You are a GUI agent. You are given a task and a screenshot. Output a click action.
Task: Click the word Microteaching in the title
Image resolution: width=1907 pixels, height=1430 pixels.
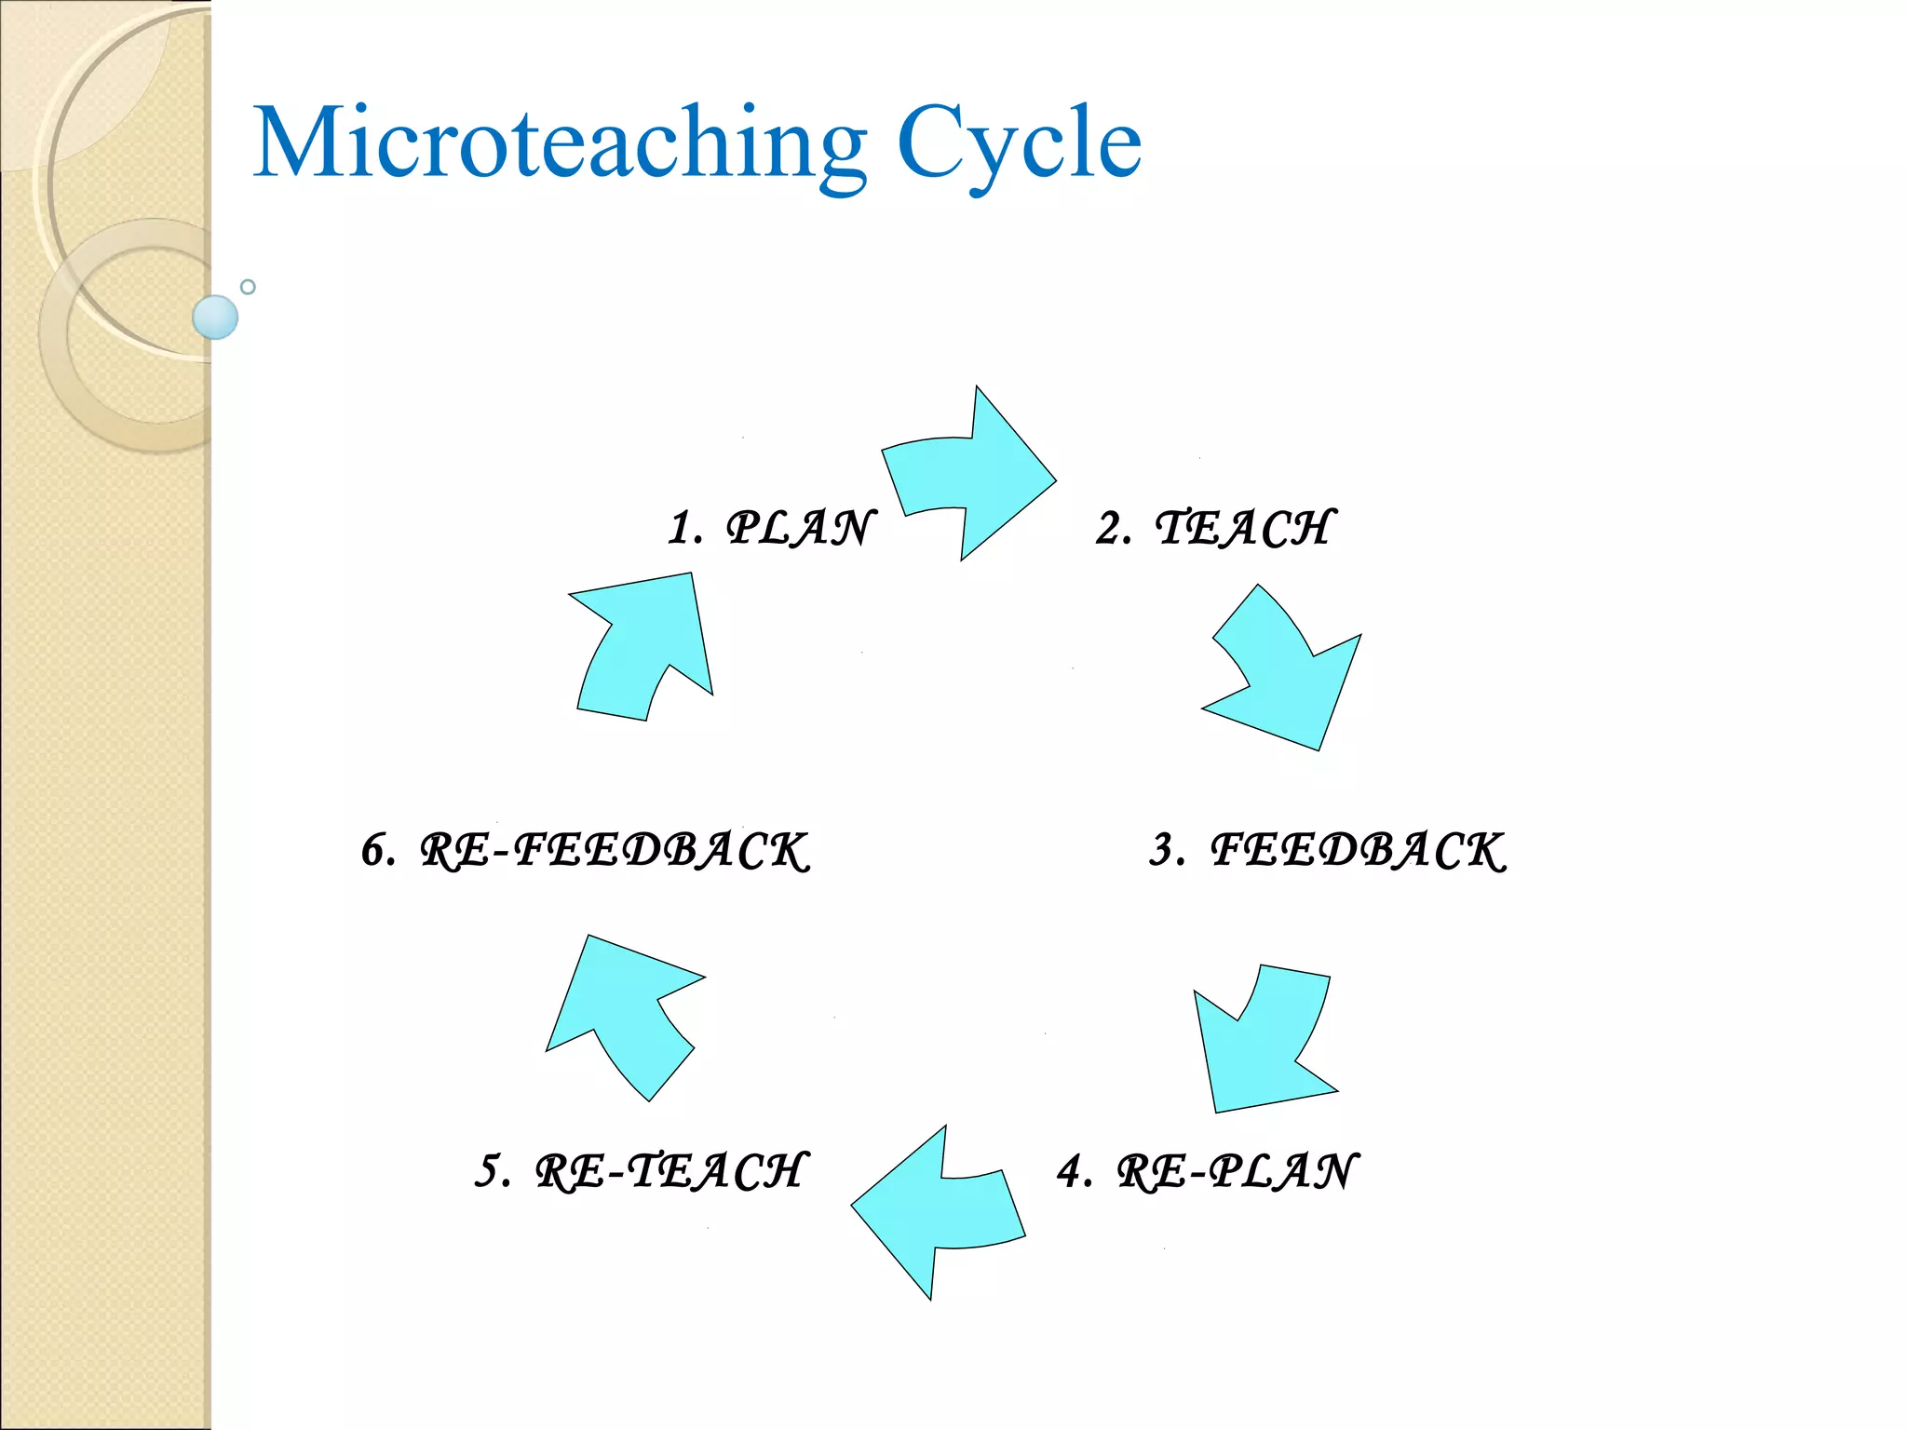click(x=559, y=144)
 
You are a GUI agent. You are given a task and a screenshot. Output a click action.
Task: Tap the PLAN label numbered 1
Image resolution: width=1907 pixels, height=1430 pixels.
click(x=801, y=528)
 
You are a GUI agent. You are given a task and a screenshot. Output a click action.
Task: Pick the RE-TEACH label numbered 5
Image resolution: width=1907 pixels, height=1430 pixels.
click(x=670, y=1171)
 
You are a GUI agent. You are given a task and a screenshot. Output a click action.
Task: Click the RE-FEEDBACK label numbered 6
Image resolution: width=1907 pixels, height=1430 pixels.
click(x=615, y=850)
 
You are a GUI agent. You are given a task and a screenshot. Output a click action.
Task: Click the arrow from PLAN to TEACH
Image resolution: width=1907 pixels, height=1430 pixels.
click(x=978, y=475)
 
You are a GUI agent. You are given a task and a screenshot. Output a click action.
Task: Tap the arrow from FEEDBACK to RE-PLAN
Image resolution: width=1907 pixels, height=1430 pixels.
click(x=1266, y=1043)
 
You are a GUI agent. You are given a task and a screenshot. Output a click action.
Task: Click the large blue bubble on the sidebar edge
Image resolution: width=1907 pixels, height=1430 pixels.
click(x=215, y=317)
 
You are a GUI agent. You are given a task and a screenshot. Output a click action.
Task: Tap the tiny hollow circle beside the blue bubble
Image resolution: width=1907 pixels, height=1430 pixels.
click(x=248, y=287)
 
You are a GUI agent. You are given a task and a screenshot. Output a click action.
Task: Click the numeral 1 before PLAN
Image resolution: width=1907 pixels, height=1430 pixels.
click(x=681, y=528)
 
